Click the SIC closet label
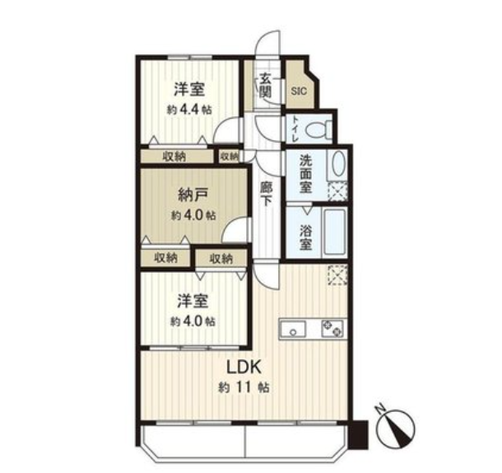(x=299, y=91)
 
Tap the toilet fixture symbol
(x=318, y=130)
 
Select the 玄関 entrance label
(x=266, y=85)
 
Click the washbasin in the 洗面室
(x=339, y=163)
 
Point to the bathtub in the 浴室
(x=335, y=232)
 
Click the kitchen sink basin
(x=293, y=330)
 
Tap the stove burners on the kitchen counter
(x=332, y=329)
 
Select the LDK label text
(x=244, y=368)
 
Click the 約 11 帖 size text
(x=244, y=387)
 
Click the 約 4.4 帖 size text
(x=189, y=110)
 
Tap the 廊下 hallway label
(x=266, y=194)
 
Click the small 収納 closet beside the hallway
(x=230, y=157)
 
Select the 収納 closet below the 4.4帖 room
(x=177, y=157)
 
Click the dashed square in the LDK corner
(x=337, y=275)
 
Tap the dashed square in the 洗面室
(x=337, y=191)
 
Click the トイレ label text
(x=295, y=130)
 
